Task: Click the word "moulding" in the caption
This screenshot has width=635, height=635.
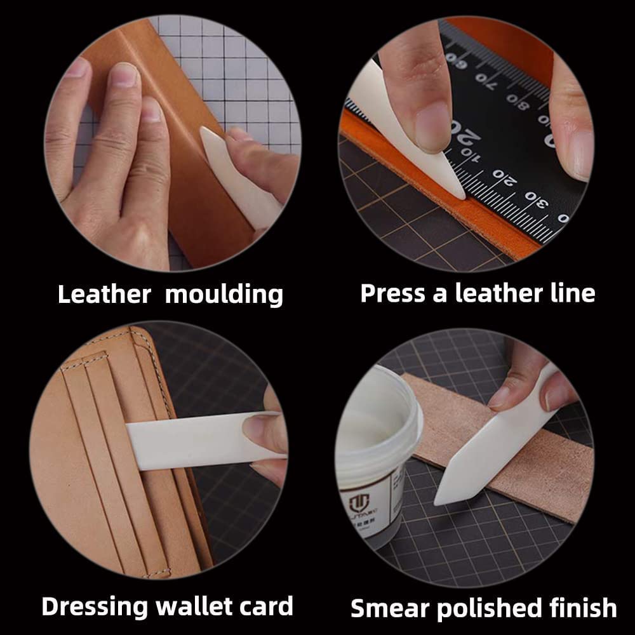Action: point(224,295)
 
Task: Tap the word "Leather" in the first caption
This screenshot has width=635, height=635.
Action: point(104,295)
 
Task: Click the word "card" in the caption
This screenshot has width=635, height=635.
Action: point(267,606)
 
